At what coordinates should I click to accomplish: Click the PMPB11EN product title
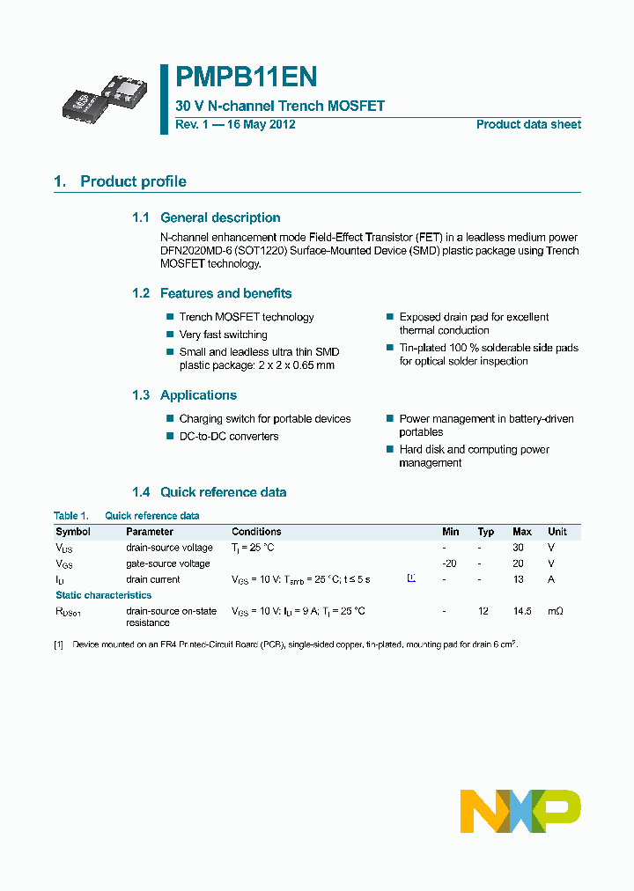pos(246,78)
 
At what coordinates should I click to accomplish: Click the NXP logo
pos(520,811)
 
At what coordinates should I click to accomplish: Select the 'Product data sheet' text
pos(528,124)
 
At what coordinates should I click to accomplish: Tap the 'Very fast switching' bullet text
pos(223,335)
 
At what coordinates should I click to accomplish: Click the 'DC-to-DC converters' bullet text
pos(228,437)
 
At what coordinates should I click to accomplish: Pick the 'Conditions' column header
pos(256,532)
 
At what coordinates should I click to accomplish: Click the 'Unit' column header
pos(557,532)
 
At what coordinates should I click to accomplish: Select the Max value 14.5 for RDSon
pos(522,611)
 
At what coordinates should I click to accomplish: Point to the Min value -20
pos(449,563)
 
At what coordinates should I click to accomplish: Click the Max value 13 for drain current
pos(519,579)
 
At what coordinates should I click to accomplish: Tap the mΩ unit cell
pos(557,611)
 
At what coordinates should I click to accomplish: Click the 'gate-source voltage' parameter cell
pos(167,563)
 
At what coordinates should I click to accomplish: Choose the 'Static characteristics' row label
pos(103,595)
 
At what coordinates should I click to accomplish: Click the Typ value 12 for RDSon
pos(483,611)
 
